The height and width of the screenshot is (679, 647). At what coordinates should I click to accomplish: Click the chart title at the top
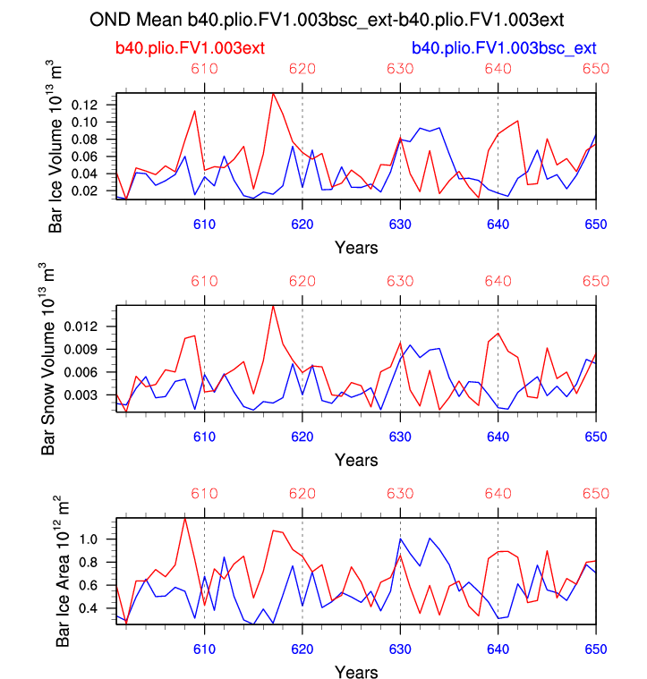(x=330, y=19)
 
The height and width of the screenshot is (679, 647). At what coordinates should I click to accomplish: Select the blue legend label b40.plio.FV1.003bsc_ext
(x=503, y=47)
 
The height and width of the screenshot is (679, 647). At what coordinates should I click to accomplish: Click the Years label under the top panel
(x=356, y=246)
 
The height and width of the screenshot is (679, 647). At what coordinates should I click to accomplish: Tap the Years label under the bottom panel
(x=356, y=671)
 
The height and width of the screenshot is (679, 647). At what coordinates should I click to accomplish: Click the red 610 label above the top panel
(x=205, y=70)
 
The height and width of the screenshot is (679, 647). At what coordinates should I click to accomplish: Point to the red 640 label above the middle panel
(x=498, y=282)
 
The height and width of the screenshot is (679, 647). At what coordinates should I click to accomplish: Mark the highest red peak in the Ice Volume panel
(x=273, y=93)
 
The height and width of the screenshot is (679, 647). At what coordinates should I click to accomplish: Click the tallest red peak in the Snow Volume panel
(x=273, y=306)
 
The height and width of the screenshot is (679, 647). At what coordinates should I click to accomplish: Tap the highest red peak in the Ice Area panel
(x=185, y=518)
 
